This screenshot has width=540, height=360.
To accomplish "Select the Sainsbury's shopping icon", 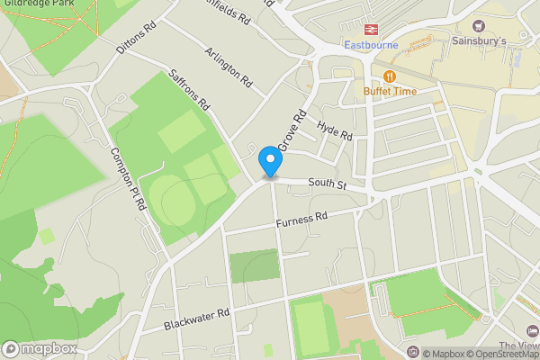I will pos(480,27).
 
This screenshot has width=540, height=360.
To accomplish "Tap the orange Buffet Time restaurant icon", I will pos(390,76).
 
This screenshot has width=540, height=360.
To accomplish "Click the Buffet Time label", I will pos(390,91).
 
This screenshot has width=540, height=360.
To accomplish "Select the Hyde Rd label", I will pos(334,131).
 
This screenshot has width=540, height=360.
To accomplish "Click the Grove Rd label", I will pos(292,130).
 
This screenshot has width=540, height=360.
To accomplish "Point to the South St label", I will pos(328,184).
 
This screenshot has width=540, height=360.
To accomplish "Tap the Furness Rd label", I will pos(302,219).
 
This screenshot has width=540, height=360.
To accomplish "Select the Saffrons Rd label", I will pos(189,90).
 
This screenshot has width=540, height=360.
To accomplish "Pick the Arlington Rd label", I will pos(228,68).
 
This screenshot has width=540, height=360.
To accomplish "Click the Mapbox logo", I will pos(40,348).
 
